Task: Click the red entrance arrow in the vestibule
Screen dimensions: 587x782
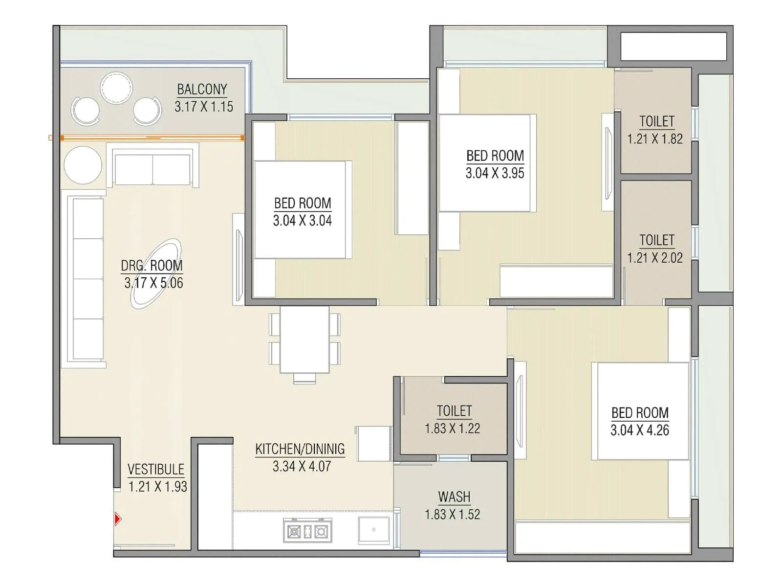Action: pos(117,519)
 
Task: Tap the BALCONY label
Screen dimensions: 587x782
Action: pos(202,90)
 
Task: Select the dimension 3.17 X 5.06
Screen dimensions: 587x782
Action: pos(153,283)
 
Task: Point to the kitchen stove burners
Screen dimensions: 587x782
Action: pos(307,531)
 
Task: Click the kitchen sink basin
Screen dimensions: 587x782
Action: pos(373,530)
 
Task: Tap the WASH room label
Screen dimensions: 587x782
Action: pos(454,497)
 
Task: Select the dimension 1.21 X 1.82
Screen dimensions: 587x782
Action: pos(655,139)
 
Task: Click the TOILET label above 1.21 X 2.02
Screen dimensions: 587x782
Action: pos(656,240)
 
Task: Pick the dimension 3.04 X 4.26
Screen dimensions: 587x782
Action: pos(639,430)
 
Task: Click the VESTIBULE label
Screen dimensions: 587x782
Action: pos(156,470)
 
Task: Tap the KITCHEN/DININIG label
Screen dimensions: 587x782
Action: pos(300,449)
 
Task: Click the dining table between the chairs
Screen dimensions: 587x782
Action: pos(304,339)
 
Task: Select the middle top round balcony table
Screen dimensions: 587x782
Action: pos(116,88)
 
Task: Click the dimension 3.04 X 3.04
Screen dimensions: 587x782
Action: pos(302,221)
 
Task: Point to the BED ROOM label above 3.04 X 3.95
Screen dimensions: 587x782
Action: pos(495,156)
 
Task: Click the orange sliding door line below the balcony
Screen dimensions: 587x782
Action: pos(152,138)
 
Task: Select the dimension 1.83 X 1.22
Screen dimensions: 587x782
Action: pos(452,429)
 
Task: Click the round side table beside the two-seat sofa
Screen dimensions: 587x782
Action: pos(83,165)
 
